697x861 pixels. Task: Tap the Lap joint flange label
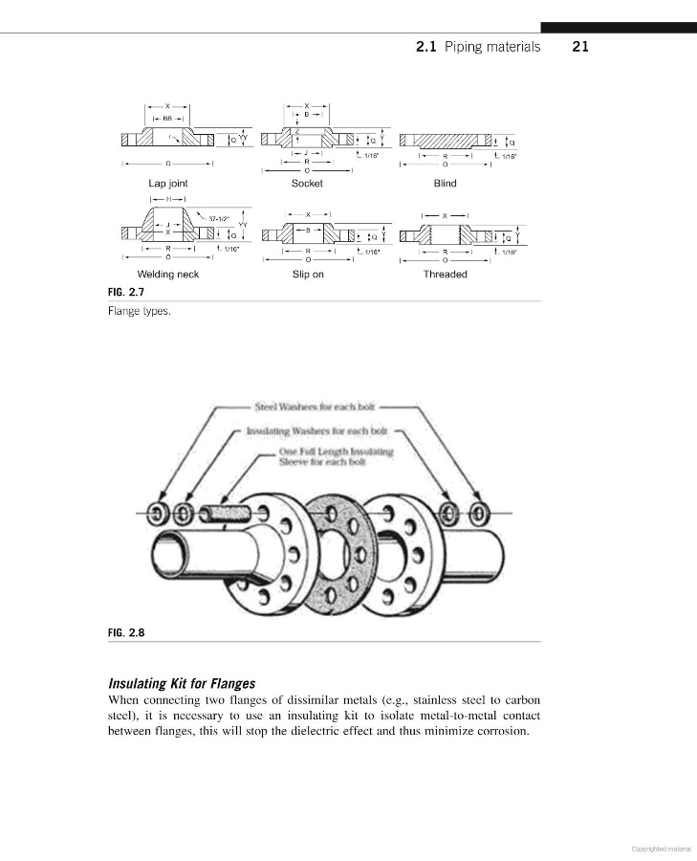point(167,183)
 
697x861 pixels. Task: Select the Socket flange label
point(307,183)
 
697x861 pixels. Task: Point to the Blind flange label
point(445,183)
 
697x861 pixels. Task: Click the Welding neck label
point(167,275)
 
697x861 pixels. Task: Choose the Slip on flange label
point(308,275)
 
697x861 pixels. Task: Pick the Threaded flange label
point(445,275)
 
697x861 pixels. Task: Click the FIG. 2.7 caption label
point(126,291)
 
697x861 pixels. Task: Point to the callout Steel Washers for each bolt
point(313,407)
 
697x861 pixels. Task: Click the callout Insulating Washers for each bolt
point(316,431)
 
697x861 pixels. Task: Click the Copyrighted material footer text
point(661,848)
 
